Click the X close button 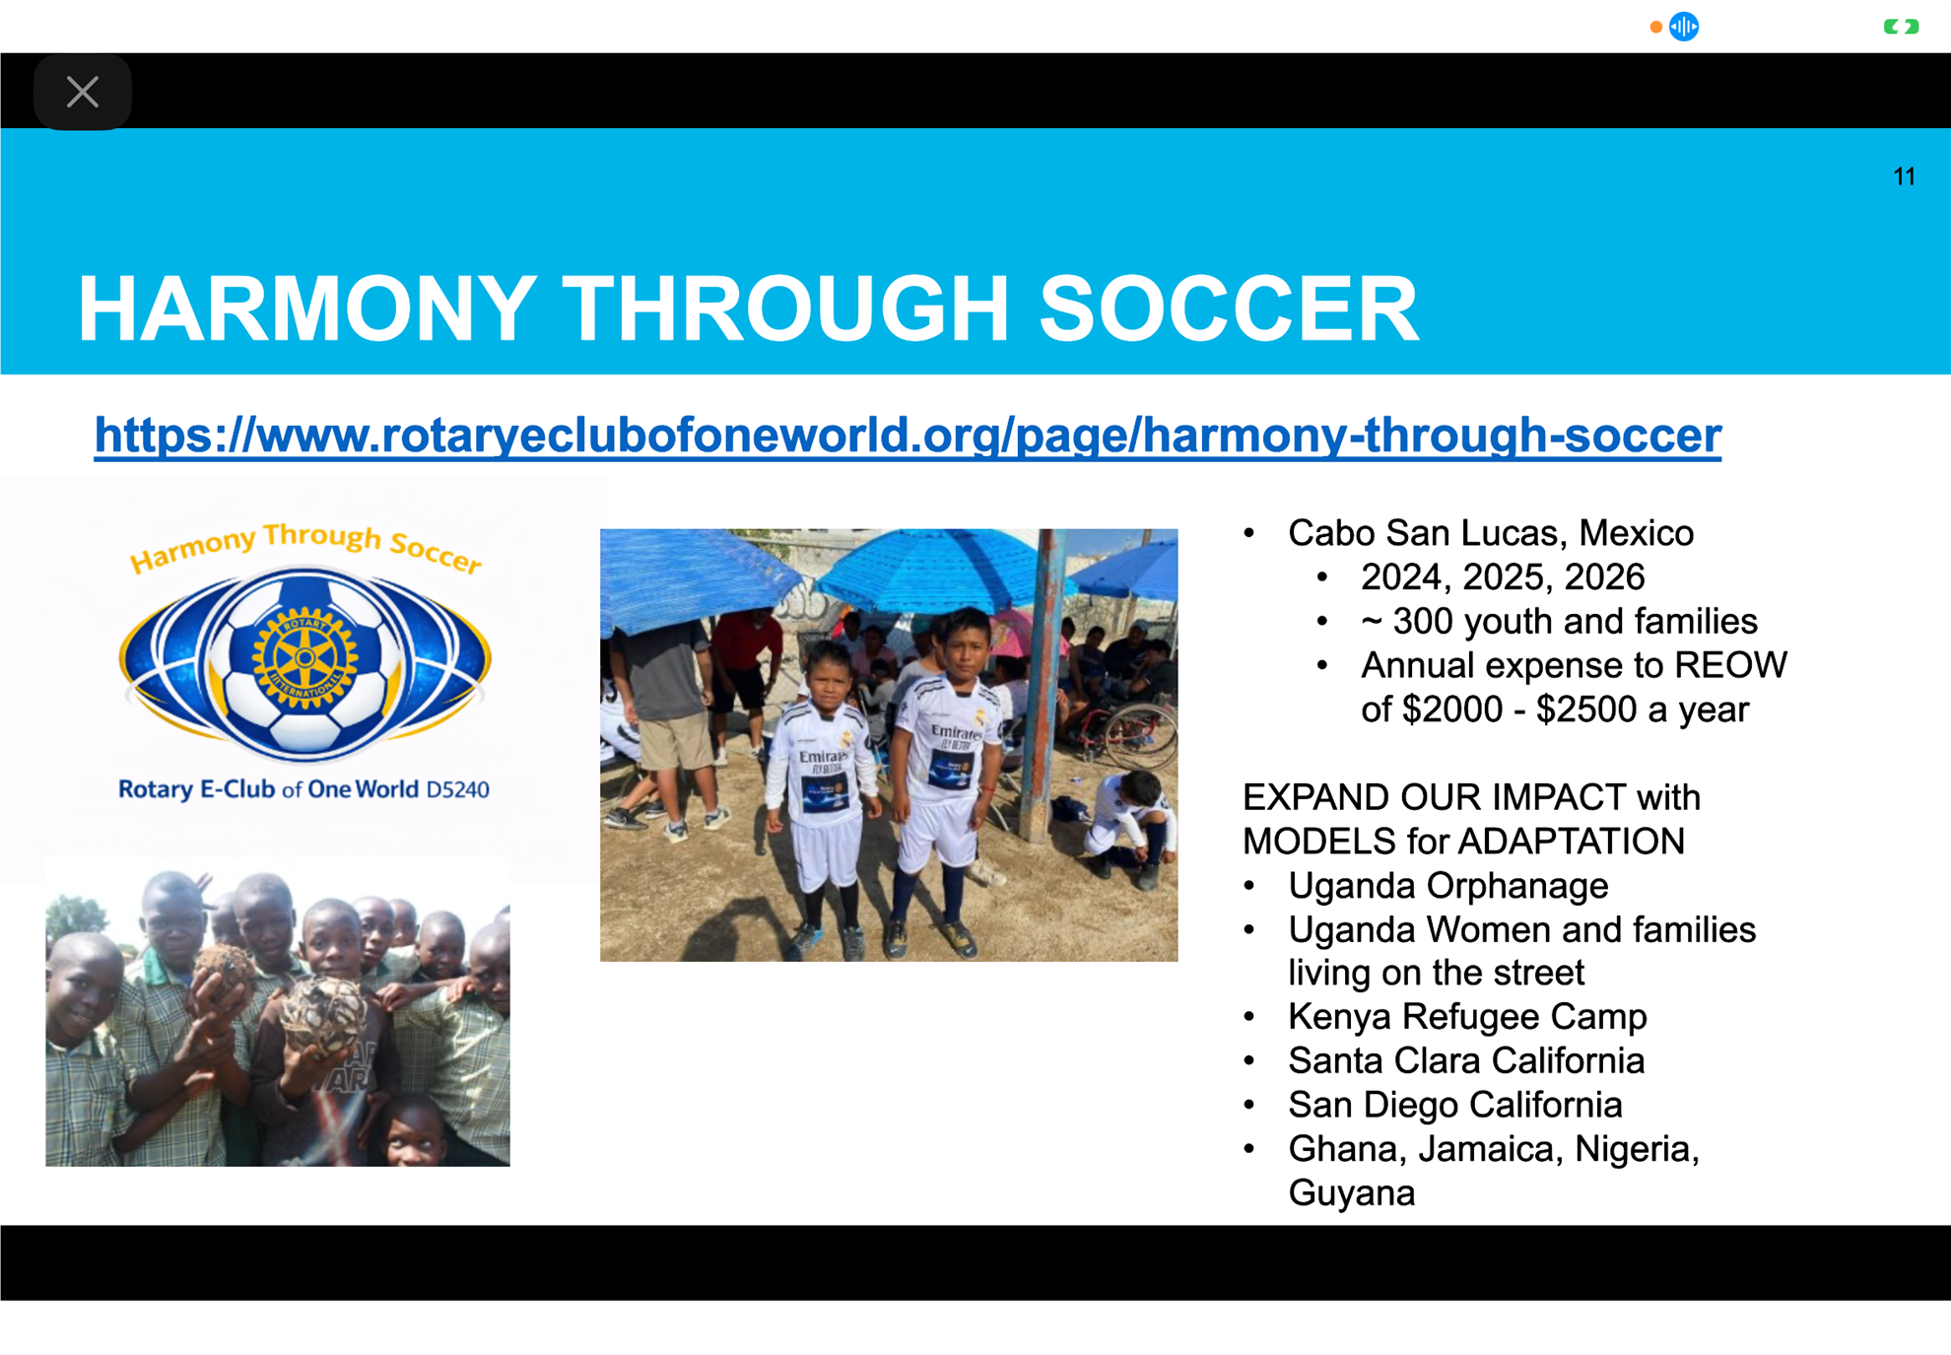(83, 92)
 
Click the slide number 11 (1904, 176)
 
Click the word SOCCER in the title (1229, 309)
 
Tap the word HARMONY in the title (306, 309)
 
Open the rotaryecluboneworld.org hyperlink (908, 435)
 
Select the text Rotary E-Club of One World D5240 (303, 789)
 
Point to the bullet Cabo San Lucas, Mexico (1490, 533)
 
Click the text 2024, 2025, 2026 (1503, 577)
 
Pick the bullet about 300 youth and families (1559, 622)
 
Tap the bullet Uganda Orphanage (1447, 886)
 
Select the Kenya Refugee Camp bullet (1467, 1017)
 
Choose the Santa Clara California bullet (1466, 1061)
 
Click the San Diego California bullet (1454, 1106)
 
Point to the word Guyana (1351, 1193)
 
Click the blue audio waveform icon (1684, 27)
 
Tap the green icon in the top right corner (1901, 27)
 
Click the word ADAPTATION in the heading (1571, 842)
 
